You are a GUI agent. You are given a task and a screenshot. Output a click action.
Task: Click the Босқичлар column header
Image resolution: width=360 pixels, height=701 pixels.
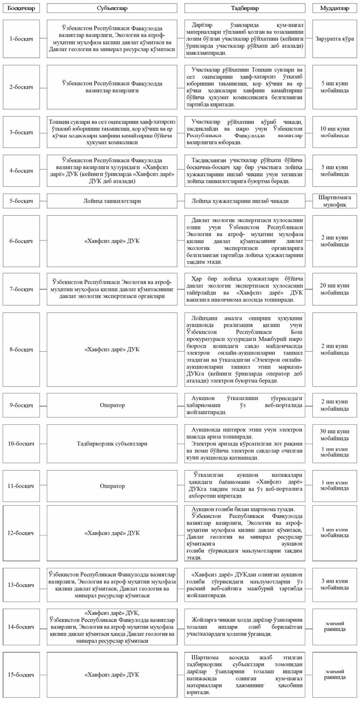21,8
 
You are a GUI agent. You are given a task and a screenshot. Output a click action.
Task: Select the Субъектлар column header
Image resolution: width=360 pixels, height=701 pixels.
112,8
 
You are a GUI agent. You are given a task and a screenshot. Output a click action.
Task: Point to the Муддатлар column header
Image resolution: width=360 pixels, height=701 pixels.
334,8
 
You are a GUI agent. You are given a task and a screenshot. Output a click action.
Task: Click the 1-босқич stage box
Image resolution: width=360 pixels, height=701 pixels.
21,39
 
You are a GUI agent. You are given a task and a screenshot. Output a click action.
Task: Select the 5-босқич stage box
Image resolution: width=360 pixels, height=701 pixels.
21,201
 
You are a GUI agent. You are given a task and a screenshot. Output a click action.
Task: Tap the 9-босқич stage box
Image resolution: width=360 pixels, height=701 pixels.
21,405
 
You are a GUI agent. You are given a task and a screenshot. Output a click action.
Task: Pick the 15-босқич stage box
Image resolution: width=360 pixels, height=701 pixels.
21,675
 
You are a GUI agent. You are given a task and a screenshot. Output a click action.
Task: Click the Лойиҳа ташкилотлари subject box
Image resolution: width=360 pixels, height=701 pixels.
112,201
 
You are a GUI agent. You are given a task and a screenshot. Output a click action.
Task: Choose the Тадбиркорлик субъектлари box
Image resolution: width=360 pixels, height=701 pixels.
112,444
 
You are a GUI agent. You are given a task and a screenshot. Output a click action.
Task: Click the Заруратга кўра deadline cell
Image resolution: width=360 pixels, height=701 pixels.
334,39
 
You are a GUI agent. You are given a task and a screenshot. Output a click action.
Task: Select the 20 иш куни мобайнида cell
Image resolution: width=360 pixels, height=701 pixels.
334,289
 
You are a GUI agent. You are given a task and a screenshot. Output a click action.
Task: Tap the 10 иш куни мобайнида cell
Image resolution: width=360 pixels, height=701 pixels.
334,132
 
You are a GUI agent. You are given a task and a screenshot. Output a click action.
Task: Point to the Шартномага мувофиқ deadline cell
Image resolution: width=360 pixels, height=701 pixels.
334,201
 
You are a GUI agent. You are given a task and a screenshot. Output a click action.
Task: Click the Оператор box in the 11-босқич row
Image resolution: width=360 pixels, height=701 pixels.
112,486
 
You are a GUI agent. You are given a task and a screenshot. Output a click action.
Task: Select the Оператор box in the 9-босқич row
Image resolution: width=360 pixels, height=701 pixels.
112,405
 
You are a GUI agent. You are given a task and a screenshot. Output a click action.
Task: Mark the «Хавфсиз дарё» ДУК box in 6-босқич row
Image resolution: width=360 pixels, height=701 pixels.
112,241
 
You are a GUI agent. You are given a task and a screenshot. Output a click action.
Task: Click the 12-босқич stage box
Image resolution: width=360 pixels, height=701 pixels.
21,533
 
